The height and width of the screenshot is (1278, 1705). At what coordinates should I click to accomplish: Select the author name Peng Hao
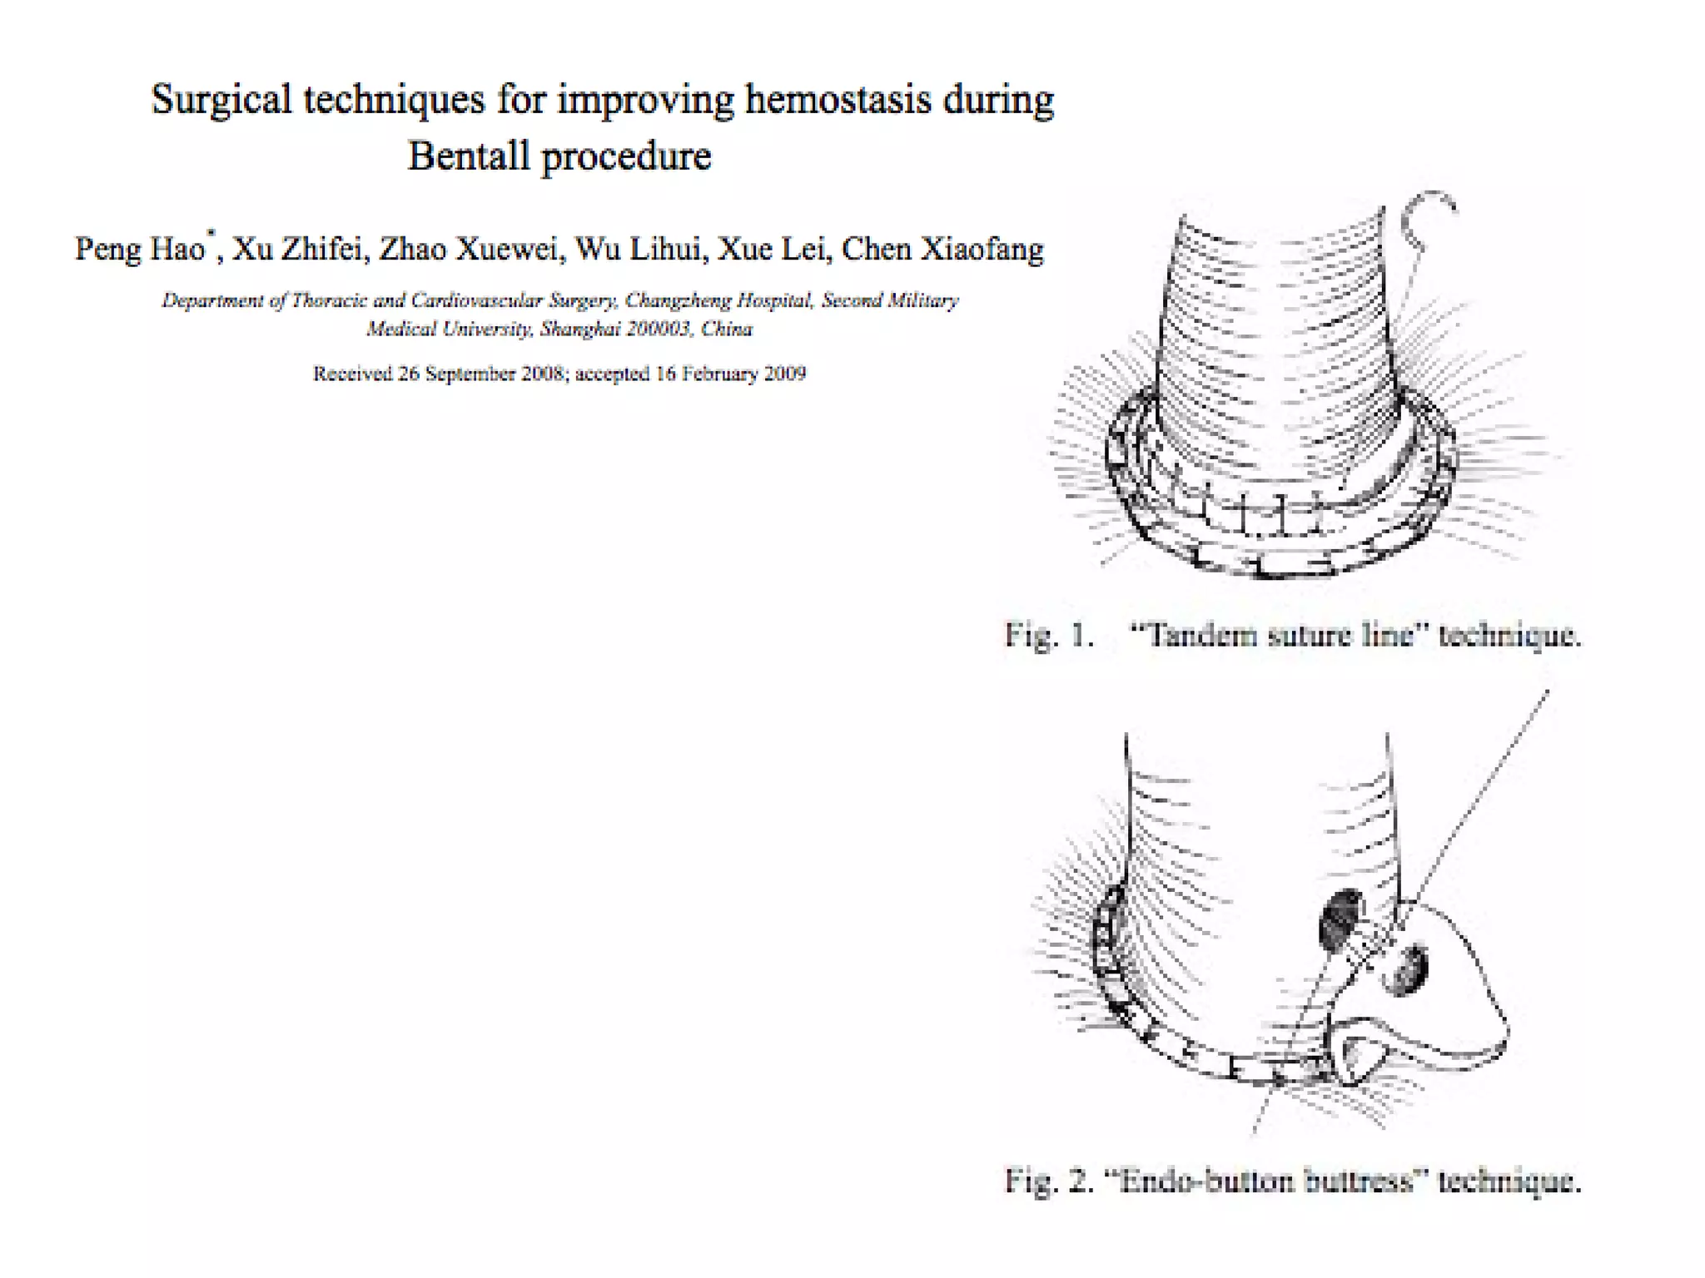140,249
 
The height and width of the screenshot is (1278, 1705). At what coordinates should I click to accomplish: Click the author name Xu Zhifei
299,249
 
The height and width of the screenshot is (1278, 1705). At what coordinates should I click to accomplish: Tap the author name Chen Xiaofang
942,249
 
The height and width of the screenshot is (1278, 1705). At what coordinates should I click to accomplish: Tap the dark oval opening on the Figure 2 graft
1341,919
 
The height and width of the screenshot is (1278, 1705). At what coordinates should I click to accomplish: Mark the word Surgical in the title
221,101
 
